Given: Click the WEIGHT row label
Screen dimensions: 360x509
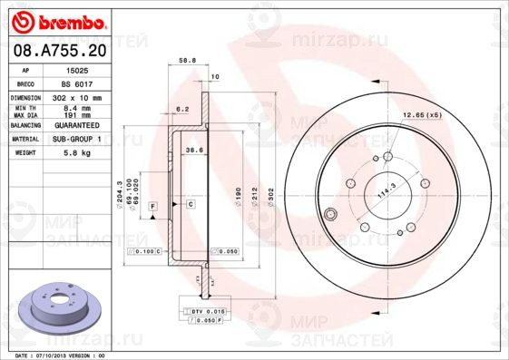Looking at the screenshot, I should click(24, 153).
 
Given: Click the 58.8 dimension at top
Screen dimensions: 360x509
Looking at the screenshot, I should click(187, 61).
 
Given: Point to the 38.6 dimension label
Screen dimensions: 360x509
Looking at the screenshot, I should click(193, 149).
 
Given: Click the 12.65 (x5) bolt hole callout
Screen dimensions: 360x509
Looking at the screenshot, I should click(421, 115).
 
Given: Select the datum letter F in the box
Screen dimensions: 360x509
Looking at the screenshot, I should click(152, 208).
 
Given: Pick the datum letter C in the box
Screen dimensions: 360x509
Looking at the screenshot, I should click(191, 204).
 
